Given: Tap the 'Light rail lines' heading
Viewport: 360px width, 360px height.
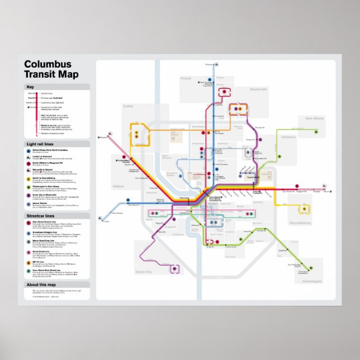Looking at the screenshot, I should pyautogui.click(x=40, y=144).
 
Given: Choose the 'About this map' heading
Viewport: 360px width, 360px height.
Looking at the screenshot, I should pyautogui.click(x=40, y=285).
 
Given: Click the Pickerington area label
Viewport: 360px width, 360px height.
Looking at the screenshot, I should pyautogui.click(x=314, y=282).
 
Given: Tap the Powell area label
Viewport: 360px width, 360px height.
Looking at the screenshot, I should pyautogui.click(x=186, y=79).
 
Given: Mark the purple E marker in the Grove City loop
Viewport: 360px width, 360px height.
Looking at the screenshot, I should pyautogui.click(x=174, y=268).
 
